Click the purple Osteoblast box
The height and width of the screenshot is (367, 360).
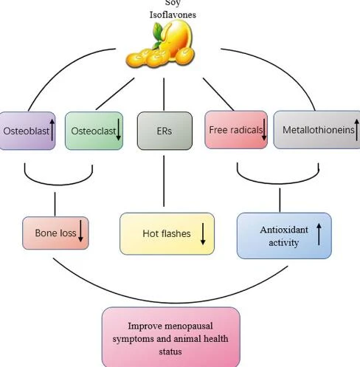click(x=27, y=131)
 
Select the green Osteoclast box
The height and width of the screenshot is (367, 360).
click(x=94, y=131)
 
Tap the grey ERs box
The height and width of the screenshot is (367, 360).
click(x=165, y=131)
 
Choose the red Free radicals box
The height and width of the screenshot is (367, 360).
click(x=236, y=130)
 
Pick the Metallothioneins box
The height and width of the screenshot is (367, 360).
click(x=317, y=130)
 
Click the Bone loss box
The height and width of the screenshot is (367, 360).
click(x=55, y=233)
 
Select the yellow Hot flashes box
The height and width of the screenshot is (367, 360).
click(x=167, y=233)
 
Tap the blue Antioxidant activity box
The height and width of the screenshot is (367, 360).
click(x=284, y=236)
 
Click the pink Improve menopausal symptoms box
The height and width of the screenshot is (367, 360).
click(x=171, y=337)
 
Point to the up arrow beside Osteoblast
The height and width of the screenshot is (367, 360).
click(x=52, y=130)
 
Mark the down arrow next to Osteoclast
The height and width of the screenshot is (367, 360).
click(x=118, y=130)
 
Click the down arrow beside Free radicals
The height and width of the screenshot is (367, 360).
click(x=264, y=130)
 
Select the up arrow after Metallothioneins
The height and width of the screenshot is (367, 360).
click(x=357, y=130)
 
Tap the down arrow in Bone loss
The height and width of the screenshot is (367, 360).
click(x=80, y=231)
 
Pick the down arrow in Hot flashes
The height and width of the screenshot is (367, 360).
click(x=203, y=234)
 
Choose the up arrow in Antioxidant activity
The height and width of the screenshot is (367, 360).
click(x=319, y=234)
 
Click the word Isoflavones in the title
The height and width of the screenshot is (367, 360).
click(x=173, y=15)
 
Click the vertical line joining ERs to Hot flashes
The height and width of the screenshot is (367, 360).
click(x=164, y=181)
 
